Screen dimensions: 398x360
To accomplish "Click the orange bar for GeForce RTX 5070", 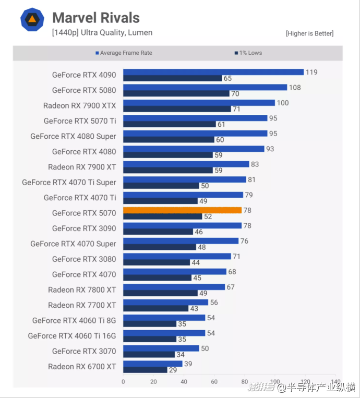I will coord(182,210).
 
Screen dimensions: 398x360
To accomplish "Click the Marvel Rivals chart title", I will coord(96,18).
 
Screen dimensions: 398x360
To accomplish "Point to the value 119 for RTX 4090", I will coord(311,72).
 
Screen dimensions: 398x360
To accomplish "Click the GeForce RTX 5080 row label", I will coord(84,90).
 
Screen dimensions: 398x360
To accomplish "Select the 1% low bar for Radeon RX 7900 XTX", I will coord(177,109).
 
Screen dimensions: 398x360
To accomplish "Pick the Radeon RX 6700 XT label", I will coord(82,367).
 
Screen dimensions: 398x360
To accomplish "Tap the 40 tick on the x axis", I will coord(184,381).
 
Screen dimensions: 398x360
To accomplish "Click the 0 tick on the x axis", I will coord(123,381).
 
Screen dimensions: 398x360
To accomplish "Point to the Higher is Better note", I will coord(309,33).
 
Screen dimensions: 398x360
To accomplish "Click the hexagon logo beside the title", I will coord(32,20).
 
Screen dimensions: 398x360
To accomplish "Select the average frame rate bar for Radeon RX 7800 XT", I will coord(174,287).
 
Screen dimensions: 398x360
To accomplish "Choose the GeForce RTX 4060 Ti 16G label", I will coord(72,336).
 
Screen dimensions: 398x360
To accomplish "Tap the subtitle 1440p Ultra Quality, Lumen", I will coord(102,33).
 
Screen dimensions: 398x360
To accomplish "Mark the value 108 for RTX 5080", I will coord(295,88).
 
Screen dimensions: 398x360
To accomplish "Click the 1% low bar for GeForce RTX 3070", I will coord(149,355).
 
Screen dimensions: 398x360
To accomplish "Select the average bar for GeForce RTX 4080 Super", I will coord(195,134).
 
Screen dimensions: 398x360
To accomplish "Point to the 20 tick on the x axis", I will coord(153,381).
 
